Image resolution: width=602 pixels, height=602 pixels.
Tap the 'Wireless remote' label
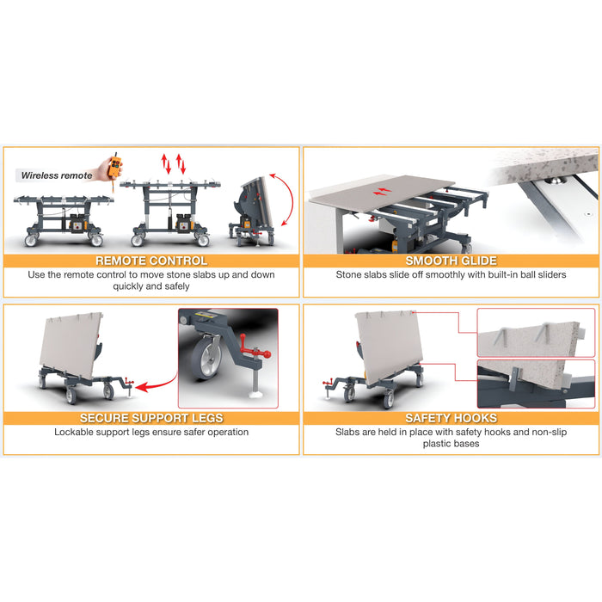[x=57, y=175]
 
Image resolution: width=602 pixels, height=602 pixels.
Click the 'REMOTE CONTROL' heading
[x=151, y=261]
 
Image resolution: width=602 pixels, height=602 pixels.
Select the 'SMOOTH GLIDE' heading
[x=451, y=261]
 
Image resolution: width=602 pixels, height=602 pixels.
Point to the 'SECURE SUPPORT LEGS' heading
[x=151, y=418]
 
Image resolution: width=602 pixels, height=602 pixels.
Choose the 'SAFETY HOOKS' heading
[x=451, y=418]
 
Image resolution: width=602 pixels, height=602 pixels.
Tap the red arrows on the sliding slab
[x=383, y=191]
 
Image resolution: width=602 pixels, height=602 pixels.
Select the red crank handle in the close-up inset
[x=255, y=349]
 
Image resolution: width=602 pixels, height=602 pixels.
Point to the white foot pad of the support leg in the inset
[x=255, y=394]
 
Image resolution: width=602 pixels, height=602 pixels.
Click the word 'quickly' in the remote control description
[x=128, y=286]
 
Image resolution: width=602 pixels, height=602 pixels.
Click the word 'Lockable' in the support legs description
[x=72, y=432]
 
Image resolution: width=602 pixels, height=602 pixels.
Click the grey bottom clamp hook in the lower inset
[x=515, y=378]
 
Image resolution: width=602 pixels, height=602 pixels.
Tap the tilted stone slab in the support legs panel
[x=71, y=345]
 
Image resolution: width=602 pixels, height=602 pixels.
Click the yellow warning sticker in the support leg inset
[x=202, y=316]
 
